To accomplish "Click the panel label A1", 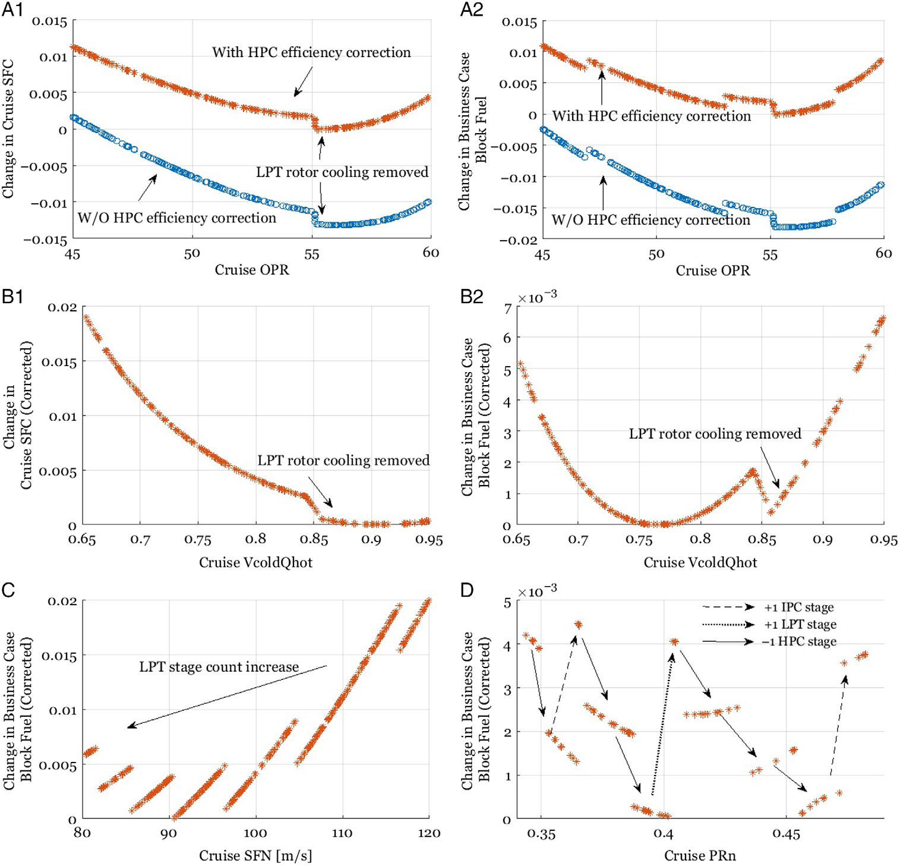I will [13, 10].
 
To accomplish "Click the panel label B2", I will [472, 296].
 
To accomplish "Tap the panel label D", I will [467, 590].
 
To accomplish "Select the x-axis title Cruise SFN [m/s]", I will [255, 855].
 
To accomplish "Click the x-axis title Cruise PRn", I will [700, 855].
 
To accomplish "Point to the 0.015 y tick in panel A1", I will [49, 21].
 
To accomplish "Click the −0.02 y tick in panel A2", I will [518, 240].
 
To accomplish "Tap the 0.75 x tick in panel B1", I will [198, 540].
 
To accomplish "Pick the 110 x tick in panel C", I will [342, 833].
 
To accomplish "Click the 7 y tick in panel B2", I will [507, 308].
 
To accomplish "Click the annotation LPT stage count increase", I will [219, 667].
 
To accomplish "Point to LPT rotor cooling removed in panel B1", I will [343, 461].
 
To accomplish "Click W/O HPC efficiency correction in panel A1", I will [177, 218].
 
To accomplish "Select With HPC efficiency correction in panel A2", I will [652, 116].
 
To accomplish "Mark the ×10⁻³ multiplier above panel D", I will [537, 591].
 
